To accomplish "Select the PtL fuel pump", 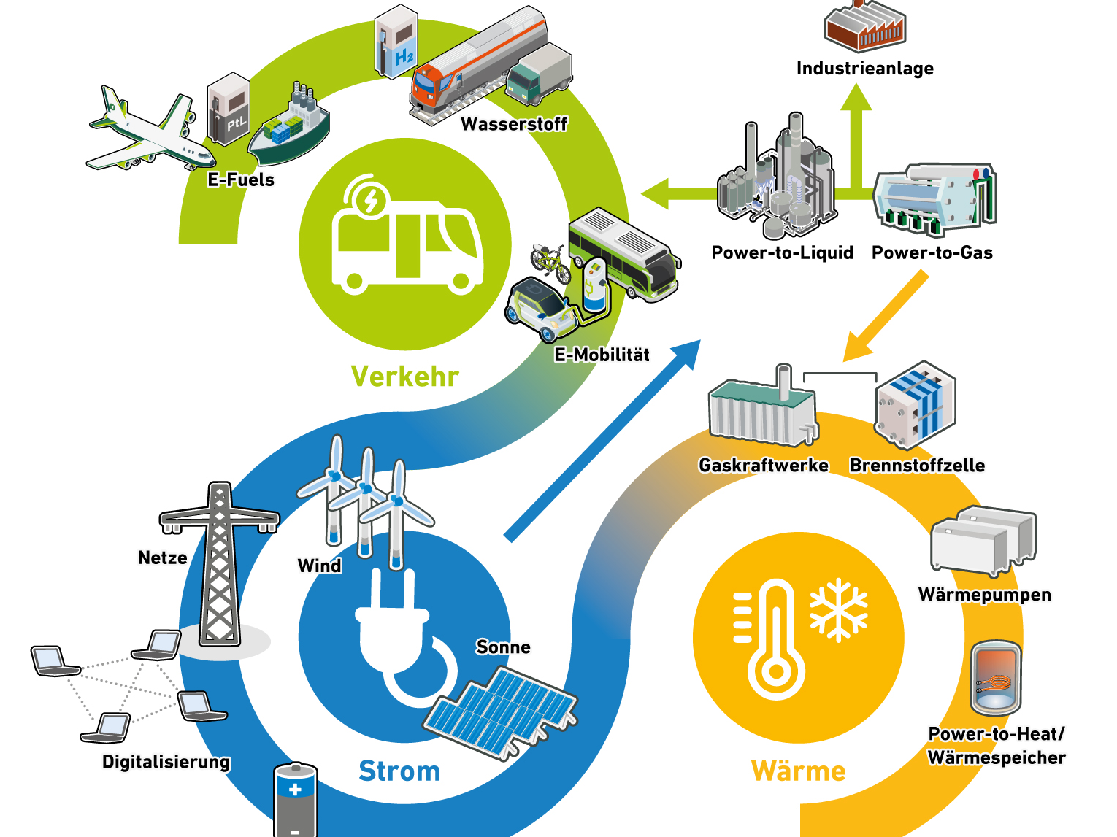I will [229, 109].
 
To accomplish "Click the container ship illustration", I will [291, 128].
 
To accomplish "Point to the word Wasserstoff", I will [514, 124].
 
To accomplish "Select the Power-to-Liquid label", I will [782, 252].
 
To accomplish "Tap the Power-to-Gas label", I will [932, 252].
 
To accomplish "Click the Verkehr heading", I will [405, 377].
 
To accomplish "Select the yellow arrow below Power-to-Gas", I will [885, 317].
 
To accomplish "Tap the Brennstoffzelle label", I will [917, 466].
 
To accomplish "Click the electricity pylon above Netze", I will [219, 562].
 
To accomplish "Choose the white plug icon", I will [398, 635].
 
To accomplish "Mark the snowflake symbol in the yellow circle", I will [838, 610].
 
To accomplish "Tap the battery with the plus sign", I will [295, 800].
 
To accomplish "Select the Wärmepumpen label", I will [984, 595].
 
